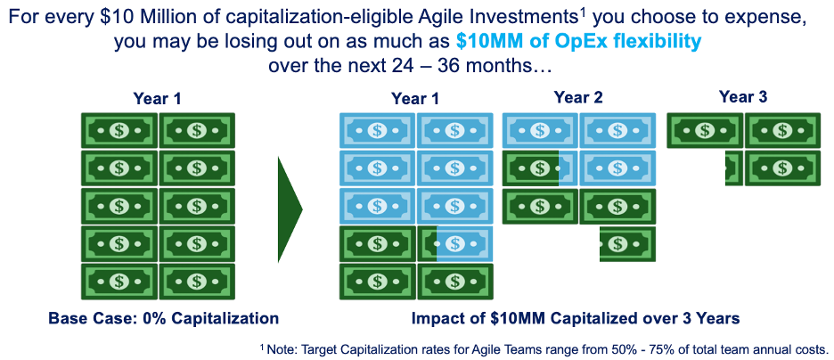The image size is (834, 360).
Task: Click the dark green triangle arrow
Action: pyautogui.click(x=289, y=209)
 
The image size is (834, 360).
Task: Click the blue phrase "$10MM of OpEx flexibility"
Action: pyautogui.click(x=577, y=42)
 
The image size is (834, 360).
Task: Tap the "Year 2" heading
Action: pyautogui.click(x=578, y=98)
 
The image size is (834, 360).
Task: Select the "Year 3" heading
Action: pyautogui.click(x=743, y=97)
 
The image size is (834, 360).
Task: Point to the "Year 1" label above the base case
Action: pyautogui.click(x=158, y=99)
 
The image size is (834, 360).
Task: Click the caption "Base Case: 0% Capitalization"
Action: pyautogui.click(x=164, y=318)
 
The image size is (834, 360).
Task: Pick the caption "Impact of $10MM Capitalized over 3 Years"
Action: pyautogui.click(x=576, y=318)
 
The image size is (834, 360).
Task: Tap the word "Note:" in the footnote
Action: pyautogui.click(x=281, y=350)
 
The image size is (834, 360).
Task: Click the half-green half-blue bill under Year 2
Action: pyautogui.click(x=540, y=168)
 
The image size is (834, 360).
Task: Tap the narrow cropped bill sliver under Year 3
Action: pyautogui.click(x=734, y=168)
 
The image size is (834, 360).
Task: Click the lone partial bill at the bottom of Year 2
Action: pyautogui.click(x=627, y=244)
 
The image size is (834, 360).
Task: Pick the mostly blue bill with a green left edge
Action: pyautogui.click(x=455, y=244)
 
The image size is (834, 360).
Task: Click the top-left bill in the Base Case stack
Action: pyautogui.click(x=119, y=130)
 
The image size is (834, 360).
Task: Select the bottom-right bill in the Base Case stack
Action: pyautogui.click(x=197, y=282)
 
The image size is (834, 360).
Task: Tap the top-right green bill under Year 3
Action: pyautogui.click(x=782, y=130)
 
